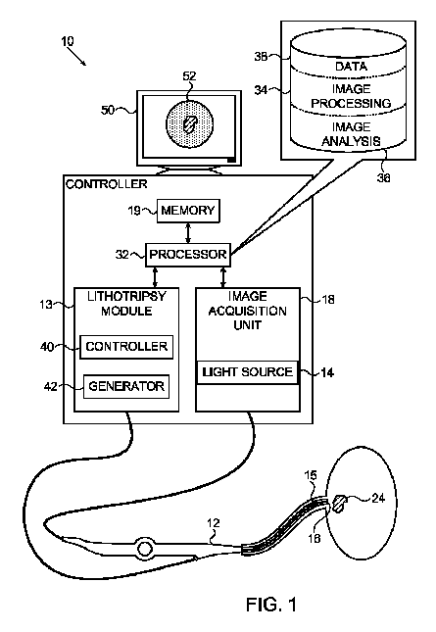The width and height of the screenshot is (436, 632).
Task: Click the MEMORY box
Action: pos(188,211)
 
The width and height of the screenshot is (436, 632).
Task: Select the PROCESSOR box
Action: pos(188,255)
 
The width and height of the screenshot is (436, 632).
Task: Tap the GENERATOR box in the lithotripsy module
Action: pos(126,386)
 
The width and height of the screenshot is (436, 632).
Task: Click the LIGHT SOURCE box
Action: pos(248,372)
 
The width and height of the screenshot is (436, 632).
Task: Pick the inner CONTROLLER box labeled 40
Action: pos(126,347)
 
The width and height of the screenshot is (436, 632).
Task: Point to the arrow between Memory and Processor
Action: pos(188,232)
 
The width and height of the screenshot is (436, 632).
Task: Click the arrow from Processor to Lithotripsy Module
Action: pos(156,277)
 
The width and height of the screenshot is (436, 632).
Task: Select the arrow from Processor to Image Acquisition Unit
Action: pos(223,277)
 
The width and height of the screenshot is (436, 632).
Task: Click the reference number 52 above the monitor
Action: pos(189,76)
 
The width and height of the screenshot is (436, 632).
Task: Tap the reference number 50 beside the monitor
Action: pos(108,110)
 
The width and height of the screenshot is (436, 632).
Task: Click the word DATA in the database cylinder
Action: pos(351,66)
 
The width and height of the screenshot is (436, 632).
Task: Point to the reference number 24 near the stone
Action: pos(378,498)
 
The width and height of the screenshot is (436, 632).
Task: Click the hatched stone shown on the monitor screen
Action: pos(189,124)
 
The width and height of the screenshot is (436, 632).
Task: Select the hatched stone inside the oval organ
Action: pos(339,504)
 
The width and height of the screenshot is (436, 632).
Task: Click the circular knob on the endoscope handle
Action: pos(145,549)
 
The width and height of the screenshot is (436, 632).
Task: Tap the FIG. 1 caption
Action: pos(271,605)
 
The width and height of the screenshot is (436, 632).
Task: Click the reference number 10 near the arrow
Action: pos(68,41)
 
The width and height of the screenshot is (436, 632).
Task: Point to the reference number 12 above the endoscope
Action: pos(214,523)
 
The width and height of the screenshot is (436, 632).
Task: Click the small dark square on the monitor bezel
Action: pos(231,160)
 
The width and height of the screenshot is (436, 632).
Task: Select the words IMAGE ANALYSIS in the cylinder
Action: pos(351,134)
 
